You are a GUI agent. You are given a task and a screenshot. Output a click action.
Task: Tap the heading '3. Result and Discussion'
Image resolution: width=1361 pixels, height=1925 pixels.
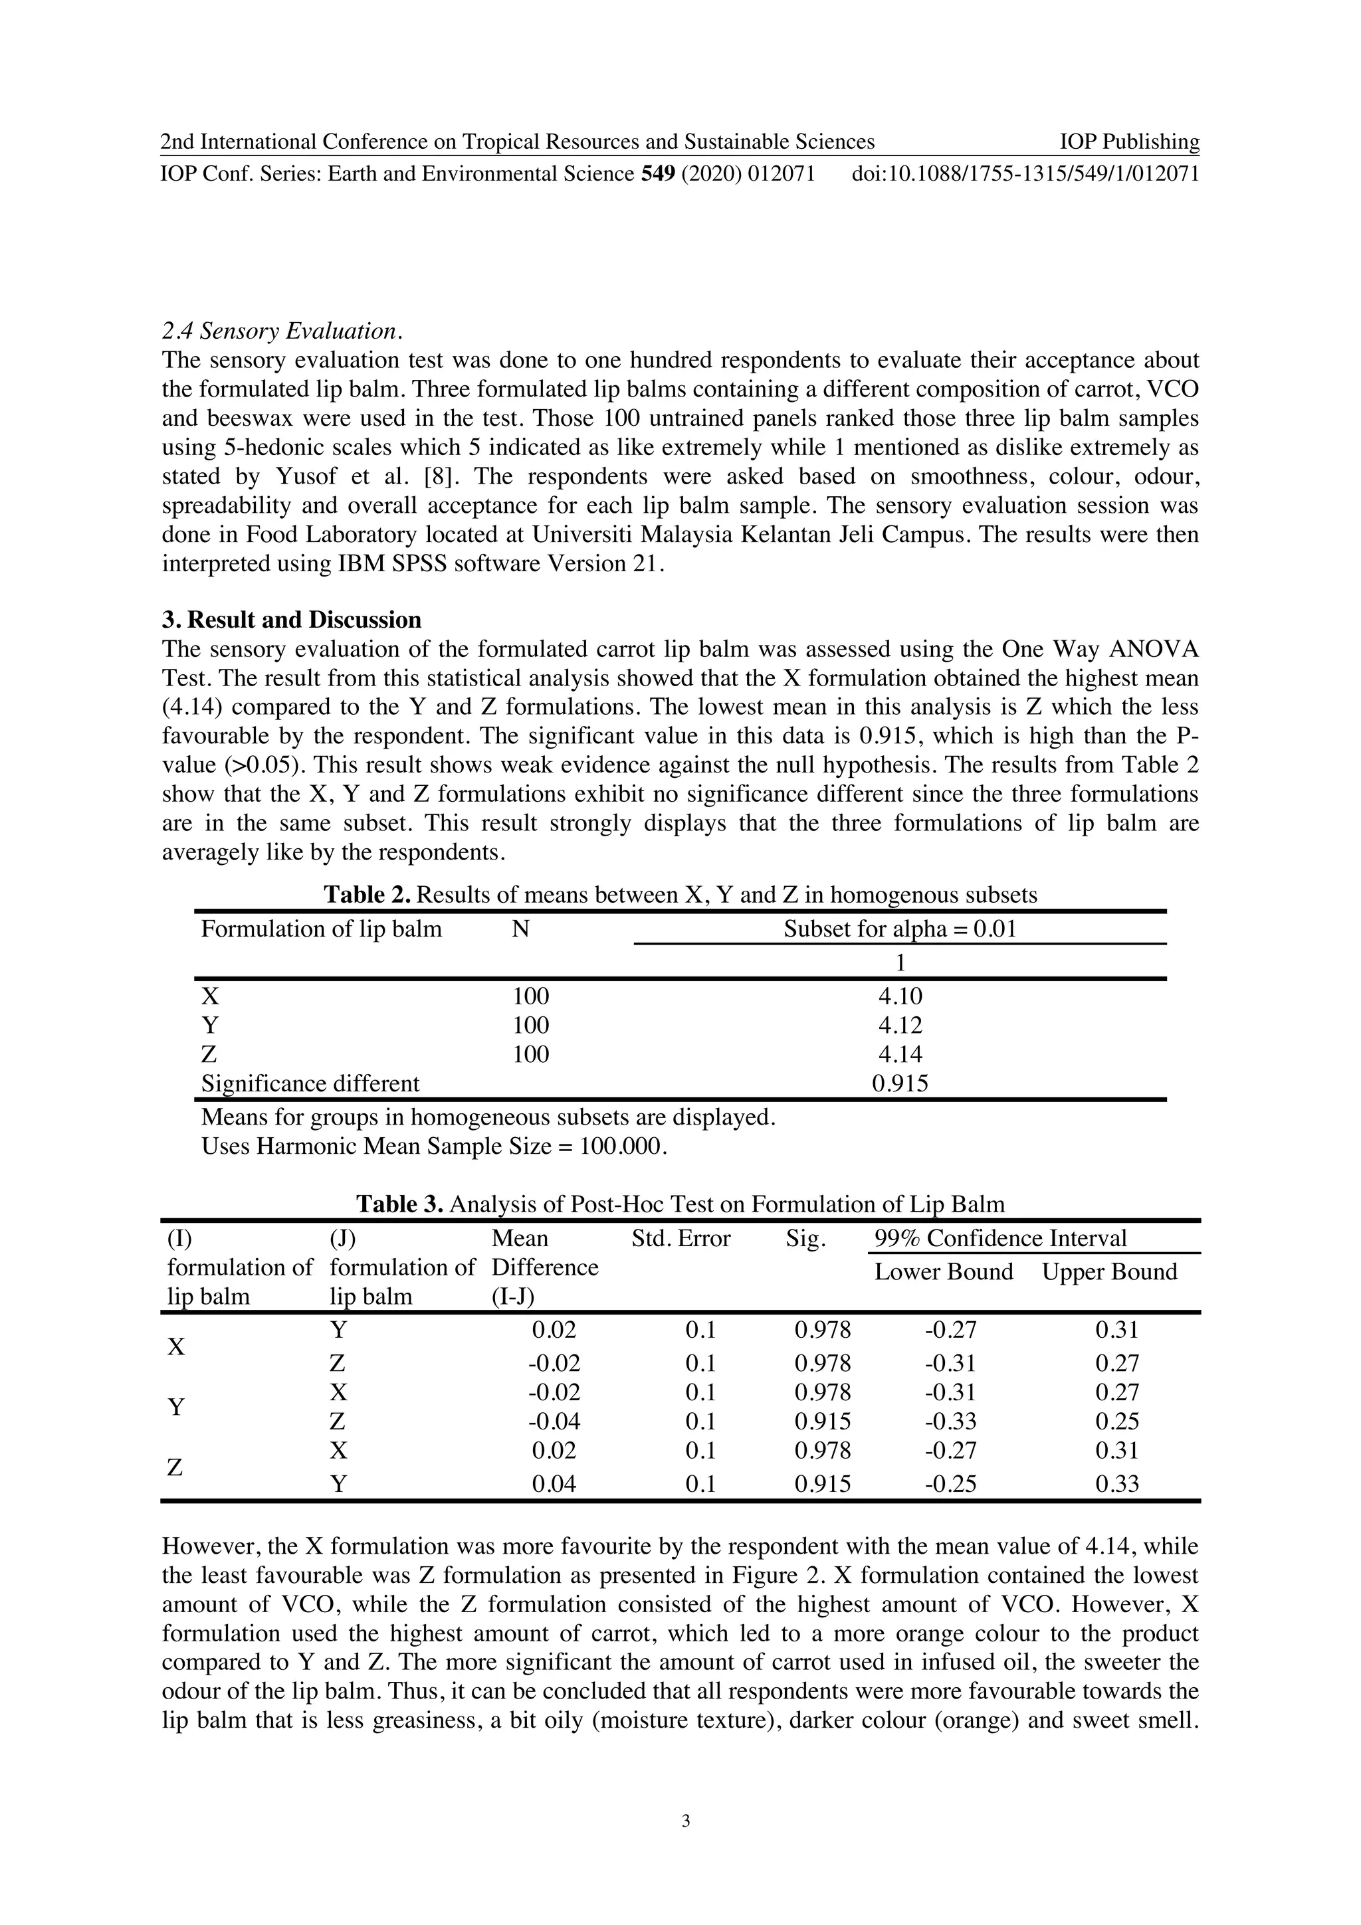(x=291, y=620)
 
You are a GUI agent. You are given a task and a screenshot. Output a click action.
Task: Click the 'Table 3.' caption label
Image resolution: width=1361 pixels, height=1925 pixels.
(x=399, y=1205)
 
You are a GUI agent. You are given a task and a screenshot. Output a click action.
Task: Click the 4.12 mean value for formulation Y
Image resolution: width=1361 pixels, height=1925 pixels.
(x=900, y=1026)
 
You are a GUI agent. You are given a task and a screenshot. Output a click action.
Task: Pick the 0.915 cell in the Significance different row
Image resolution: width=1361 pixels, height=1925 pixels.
(x=900, y=1083)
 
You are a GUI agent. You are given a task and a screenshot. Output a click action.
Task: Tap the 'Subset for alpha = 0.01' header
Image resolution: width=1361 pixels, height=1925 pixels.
(x=900, y=929)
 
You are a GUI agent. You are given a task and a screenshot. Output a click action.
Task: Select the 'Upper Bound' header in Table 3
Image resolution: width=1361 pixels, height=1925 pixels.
(x=1108, y=1272)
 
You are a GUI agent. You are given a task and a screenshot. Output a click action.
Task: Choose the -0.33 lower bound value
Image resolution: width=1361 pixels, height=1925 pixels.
(x=950, y=1421)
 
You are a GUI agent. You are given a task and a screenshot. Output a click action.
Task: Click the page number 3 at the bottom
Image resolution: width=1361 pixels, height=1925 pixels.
(x=686, y=1820)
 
